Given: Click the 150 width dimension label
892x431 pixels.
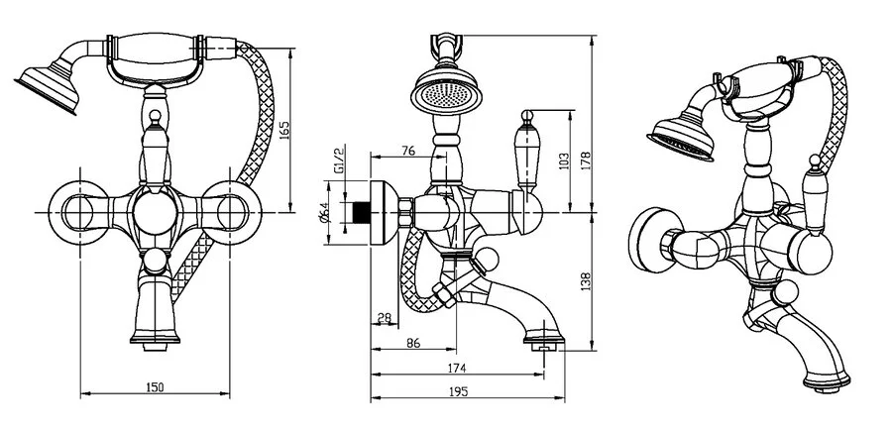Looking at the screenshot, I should coord(155,386).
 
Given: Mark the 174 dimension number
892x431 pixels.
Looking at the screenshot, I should coord(457,368).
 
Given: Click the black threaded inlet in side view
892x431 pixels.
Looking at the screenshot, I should coord(363,211).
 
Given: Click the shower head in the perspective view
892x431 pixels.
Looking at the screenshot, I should coord(683,140).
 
